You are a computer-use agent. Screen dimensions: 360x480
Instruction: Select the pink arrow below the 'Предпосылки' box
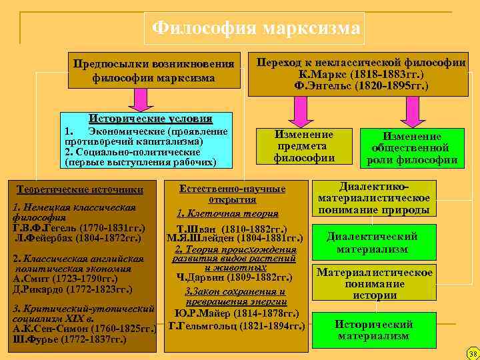[x=141, y=100]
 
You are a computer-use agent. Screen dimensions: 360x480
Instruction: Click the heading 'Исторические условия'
[x=155, y=118]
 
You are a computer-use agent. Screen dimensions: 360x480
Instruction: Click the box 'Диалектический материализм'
[x=372, y=243]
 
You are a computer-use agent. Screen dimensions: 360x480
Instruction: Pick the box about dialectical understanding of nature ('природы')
[x=373, y=199]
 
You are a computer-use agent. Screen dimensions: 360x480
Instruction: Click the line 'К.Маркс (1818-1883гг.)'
[x=361, y=75]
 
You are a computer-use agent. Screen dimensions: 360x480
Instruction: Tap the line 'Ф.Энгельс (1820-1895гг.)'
[x=361, y=86]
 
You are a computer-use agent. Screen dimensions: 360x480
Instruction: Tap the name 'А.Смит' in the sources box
[x=31, y=279]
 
